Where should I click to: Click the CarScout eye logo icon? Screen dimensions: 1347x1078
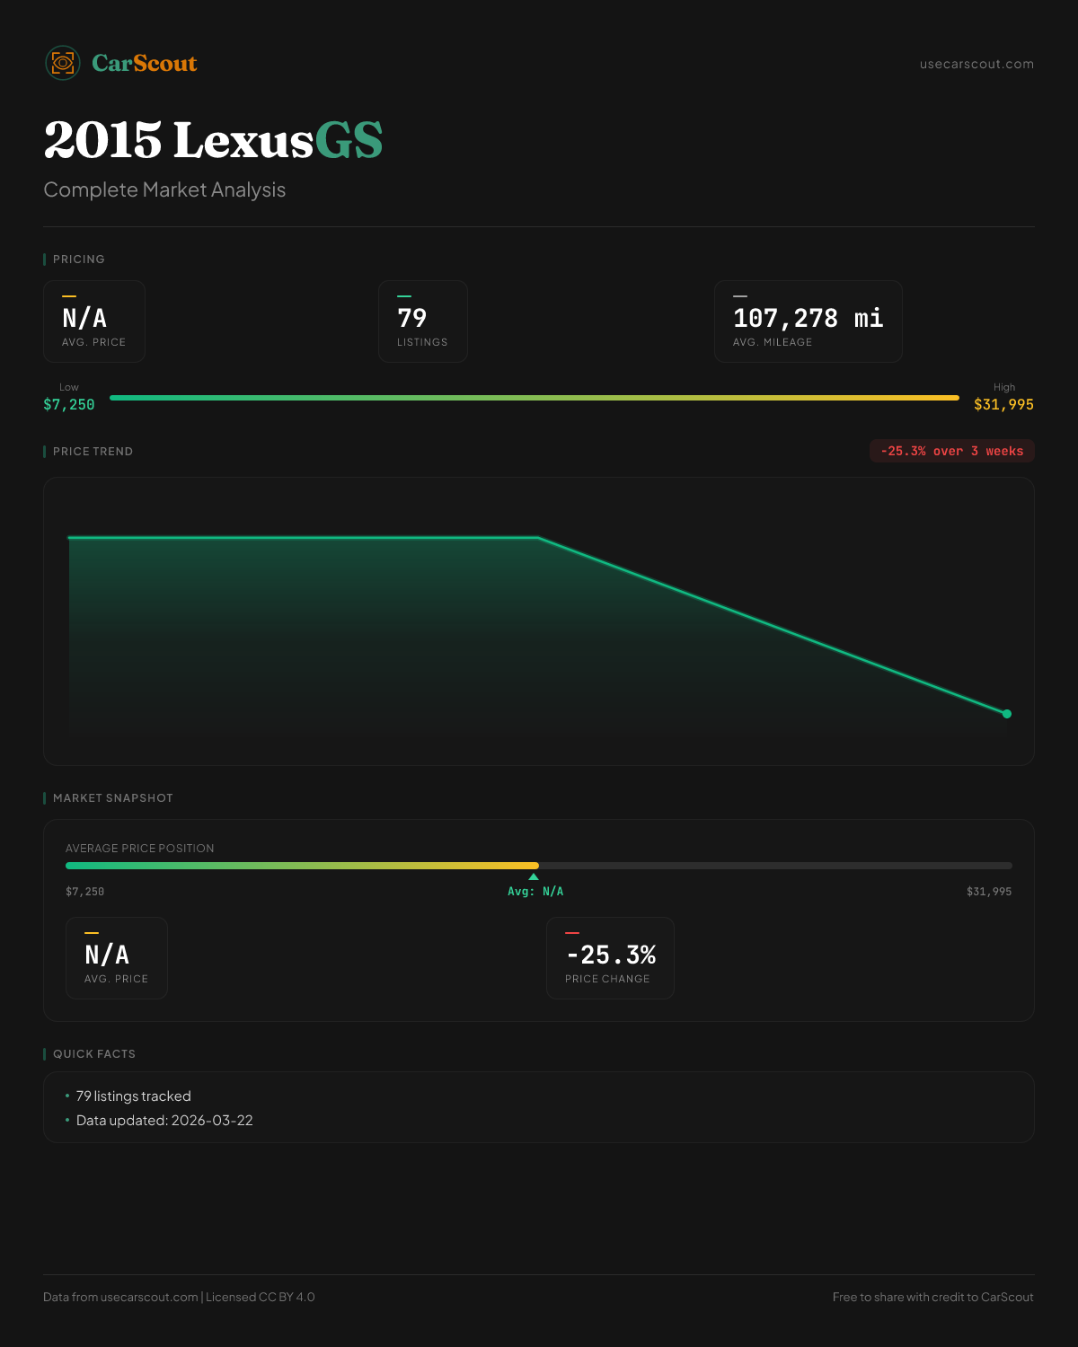[63, 63]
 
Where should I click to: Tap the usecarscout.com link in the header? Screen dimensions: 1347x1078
[976, 65]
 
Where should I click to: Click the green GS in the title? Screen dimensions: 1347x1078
[349, 141]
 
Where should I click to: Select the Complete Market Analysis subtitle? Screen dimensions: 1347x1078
[164, 190]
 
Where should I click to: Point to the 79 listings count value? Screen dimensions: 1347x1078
[412, 318]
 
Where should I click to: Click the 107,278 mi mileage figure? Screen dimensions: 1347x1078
[808, 318]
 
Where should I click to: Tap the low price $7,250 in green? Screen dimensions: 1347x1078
[69, 405]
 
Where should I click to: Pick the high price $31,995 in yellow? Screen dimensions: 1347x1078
[1003, 405]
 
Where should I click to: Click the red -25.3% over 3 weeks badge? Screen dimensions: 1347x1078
[951, 451]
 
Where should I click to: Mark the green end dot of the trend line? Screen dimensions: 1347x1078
[1007, 714]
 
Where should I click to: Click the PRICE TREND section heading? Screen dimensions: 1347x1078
[93, 452]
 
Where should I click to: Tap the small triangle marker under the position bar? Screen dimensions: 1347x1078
[534, 876]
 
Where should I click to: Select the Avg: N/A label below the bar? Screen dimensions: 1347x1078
[535, 892]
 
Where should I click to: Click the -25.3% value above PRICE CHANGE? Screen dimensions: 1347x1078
[611, 955]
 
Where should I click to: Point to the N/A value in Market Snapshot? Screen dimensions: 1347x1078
[107, 955]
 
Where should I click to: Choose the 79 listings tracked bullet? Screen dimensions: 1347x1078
[134, 1096]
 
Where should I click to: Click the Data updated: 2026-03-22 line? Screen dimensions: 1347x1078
[164, 1121]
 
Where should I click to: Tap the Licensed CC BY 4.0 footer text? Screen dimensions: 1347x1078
[261, 1297]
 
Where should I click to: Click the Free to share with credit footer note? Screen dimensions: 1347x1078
[932, 1297]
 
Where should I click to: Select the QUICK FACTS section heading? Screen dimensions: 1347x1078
[94, 1054]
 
